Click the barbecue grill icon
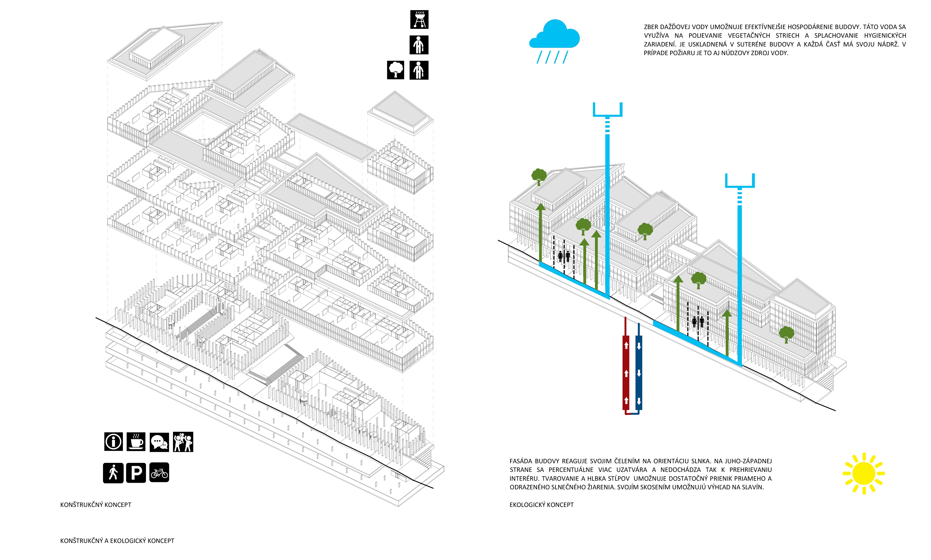tap(419, 20)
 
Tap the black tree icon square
tap(395, 70)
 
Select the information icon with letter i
tap(113, 442)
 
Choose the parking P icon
tap(136, 473)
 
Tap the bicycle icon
tap(159, 473)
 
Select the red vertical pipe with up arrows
tap(626, 372)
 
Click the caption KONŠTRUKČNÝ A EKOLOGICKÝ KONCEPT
tap(117, 541)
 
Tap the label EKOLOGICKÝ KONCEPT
tap(541, 505)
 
